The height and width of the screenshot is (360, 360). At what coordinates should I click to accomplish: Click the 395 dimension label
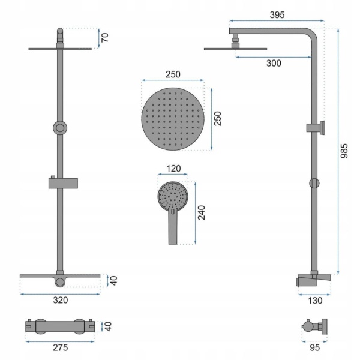pos(277,15)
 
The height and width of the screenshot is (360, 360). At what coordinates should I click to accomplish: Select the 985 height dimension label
pos(344,151)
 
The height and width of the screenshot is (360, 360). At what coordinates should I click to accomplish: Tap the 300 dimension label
pos(274,63)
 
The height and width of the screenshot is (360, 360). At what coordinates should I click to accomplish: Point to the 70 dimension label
pos(104,37)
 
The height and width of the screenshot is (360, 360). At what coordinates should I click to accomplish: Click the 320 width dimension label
pos(61,300)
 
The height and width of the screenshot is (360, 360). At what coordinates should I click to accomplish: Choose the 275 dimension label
pos(61,347)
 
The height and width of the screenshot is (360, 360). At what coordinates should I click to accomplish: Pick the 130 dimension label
pos(315,301)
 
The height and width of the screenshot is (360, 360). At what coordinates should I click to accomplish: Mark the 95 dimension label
pos(314,347)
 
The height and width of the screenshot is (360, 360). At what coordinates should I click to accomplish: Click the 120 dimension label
pos(173,169)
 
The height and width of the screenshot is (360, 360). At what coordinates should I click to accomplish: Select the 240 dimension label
pos(202,212)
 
